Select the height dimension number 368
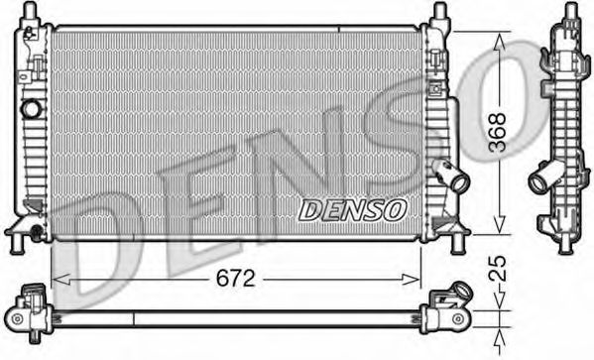click(x=504, y=130)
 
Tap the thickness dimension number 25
click(x=503, y=267)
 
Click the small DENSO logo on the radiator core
click(x=352, y=208)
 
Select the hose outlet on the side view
click(x=542, y=180)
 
